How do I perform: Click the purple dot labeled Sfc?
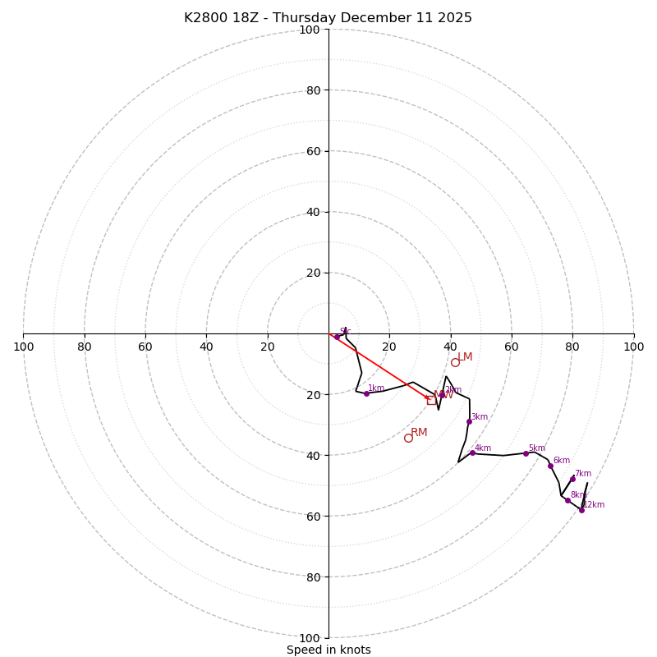coord(337,337)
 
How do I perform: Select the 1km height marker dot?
coord(366,393)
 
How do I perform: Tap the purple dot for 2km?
coord(442,394)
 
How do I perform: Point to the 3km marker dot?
coord(469,422)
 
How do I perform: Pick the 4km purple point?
coord(472,453)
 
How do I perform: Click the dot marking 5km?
coord(526,453)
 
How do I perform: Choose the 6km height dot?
coord(550,466)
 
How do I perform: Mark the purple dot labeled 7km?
coord(572,479)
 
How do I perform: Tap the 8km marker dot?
coord(567,500)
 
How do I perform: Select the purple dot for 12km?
coord(581,510)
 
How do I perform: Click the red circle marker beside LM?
coord(455,362)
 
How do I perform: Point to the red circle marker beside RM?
coord(408,438)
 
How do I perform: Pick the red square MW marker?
coord(431,400)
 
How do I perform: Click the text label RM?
coord(419,432)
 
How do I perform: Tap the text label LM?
coord(465,356)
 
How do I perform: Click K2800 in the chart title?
coord(207,18)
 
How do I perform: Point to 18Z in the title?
coord(250,18)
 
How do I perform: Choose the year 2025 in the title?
coord(454,18)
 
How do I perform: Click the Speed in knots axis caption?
coord(328,650)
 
